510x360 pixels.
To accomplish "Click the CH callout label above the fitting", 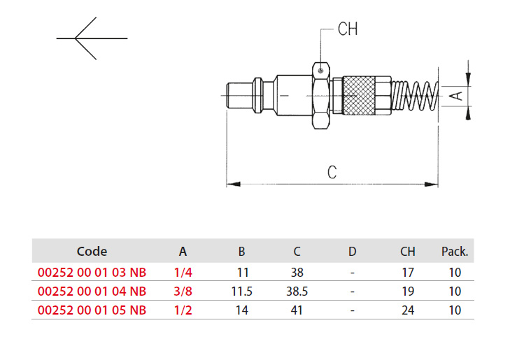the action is [348, 29].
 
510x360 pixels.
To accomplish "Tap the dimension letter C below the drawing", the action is [332, 172].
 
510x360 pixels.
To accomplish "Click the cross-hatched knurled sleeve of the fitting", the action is [359, 95].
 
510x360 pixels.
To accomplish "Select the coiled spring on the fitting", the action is [415, 96].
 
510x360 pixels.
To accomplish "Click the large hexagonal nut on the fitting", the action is [321, 96].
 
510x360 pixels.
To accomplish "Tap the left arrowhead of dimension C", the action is [233, 185].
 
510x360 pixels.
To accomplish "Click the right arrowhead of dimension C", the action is [431, 185].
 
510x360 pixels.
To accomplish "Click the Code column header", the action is [92, 251].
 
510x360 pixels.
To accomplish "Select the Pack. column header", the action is [454, 251].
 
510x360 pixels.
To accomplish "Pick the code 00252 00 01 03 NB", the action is [92, 273].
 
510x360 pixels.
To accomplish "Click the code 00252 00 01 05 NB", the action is [92, 310].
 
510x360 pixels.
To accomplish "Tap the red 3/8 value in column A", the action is [183, 291].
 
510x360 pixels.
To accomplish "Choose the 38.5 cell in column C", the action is [297, 291].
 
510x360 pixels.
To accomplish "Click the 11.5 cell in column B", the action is [241, 291].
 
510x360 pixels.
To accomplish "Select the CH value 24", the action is [408, 310].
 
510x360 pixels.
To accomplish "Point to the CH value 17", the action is [408, 273].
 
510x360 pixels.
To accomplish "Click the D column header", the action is [353, 251].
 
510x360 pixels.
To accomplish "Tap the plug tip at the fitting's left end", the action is [239, 96].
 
